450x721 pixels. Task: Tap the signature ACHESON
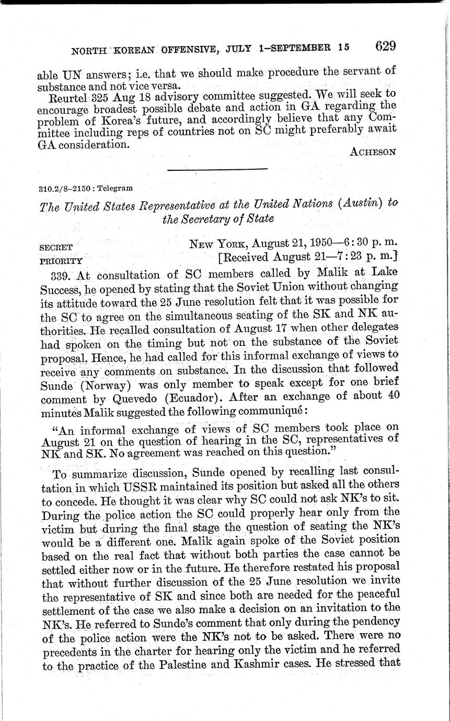(x=373, y=152)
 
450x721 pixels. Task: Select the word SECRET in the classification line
(x=55, y=247)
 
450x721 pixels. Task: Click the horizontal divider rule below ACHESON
(x=216, y=169)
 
